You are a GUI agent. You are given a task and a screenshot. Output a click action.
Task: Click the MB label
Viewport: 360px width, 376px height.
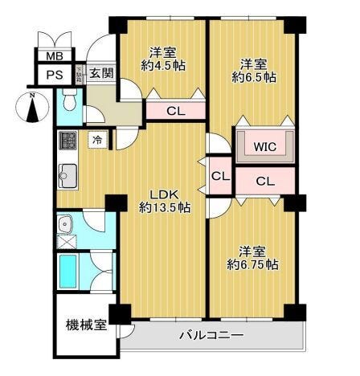pyautogui.click(x=54, y=56)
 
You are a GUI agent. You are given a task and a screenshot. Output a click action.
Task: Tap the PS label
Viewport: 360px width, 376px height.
pyautogui.click(x=54, y=75)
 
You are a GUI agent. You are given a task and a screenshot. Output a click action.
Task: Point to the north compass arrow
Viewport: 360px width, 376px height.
pyautogui.click(x=31, y=108)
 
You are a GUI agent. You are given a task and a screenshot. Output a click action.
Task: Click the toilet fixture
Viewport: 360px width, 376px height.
pyautogui.click(x=69, y=102)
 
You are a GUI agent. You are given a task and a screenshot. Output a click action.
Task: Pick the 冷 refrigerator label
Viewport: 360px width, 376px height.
pyautogui.click(x=97, y=140)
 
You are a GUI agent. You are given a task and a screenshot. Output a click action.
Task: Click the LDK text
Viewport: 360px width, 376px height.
pyautogui.click(x=163, y=193)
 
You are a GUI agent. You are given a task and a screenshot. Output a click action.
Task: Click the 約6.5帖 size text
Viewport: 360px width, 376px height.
pyautogui.click(x=254, y=78)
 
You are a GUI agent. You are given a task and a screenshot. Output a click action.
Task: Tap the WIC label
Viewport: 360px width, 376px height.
pyautogui.click(x=265, y=147)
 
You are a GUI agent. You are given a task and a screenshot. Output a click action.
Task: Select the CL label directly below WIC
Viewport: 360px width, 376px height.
pyautogui.click(x=265, y=182)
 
